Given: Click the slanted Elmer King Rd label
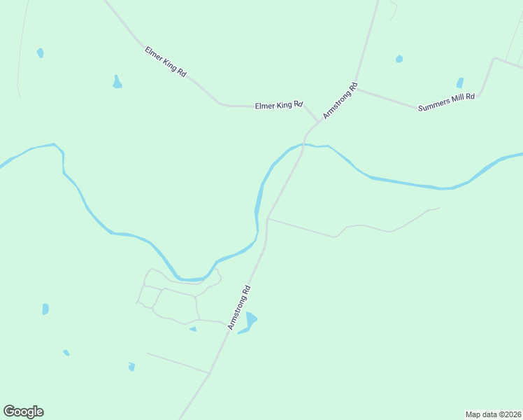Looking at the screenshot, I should pyautogui.click(x=165, y=62).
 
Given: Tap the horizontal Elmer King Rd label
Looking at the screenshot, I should pyautogui.click(x=278, y=106).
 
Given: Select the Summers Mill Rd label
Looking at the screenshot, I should pyautogui.click(x=446, y=102).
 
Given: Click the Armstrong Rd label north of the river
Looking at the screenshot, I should pyautogui.click(x=341, y=101).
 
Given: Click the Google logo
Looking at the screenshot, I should pyautogui.click(x=23, y=412).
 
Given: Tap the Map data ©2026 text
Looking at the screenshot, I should pyautogui.click(x=494, y=414).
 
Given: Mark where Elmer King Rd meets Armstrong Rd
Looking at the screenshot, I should pyautogui.click(x=319, y=122).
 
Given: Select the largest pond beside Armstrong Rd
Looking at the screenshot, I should pyautogui.click(x=248, y=323).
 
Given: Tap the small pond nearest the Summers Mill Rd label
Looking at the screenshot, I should pyautogui.click(x=460, y=83).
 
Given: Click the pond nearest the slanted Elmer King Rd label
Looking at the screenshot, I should pyautogui.click(x=117, y=83).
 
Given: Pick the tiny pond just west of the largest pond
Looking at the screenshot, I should pyautogui.click(x=193, y=329).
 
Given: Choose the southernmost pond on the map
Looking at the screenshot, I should pyautogui.click(x=131, y=366).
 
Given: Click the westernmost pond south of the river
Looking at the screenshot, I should pyautogui.click(x=45, y=309).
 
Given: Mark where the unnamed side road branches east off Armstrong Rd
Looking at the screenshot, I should pyautogui.click(x=268, y=218).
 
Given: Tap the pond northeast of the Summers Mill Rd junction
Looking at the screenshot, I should pyautogui.click(x=399, y=59).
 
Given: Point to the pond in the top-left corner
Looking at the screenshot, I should pyautogui.click(x=41, y=52).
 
